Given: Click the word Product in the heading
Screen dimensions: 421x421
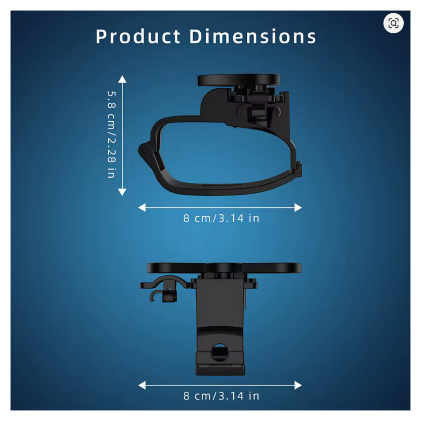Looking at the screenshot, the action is point(138,36).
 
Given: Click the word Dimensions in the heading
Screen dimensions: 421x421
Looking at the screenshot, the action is point(253,36).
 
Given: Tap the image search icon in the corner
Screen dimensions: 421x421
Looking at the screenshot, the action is point(393,23).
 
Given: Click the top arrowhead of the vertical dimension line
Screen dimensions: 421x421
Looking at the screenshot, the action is point(122,79).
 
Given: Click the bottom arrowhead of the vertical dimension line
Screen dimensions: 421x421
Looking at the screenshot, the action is point(122,192).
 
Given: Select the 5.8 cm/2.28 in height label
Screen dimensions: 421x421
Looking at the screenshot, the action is point(112,135).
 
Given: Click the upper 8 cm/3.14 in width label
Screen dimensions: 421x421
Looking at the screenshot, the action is point(221,218).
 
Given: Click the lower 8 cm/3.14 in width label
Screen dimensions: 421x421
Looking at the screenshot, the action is point(221,396).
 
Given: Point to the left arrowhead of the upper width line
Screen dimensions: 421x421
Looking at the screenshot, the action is point(142,208).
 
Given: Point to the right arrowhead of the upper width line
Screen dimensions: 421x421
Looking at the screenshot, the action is point(298,208).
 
